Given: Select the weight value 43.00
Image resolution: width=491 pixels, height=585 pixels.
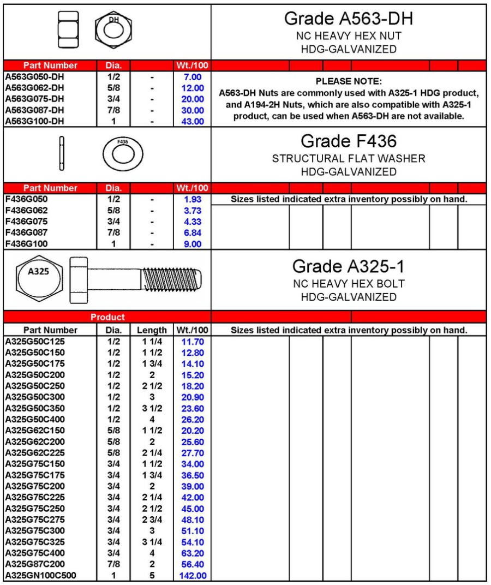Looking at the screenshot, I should pyautogui.click(x=192, y=121).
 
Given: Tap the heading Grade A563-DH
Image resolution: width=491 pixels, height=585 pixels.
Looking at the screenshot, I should pyautogui.click(x=349, y=19).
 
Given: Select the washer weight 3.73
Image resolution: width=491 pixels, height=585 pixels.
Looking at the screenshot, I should pyautogui.click(x=192, y=211).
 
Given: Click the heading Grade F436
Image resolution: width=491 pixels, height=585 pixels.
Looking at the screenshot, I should pyautogui.click(x=349, y=142).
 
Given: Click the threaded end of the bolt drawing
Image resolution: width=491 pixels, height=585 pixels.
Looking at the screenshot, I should pyautogui.click(x=171, y=279).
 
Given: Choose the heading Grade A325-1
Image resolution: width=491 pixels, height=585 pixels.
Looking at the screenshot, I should pyautogui.click(x=349, y=267).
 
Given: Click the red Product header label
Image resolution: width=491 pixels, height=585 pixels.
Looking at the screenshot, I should pyautogui.click(x=107, y=317).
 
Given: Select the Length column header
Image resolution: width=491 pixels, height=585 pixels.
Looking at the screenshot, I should pyautogui.click(x=152, y=330).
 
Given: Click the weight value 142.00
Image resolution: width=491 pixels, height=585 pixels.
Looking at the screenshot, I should pyautogui.click(x=192, y=575).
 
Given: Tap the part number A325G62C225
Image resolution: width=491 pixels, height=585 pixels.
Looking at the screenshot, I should pyautogui.click(x=34, y=452).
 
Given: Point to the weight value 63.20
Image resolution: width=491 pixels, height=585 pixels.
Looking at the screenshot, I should pyautogui.click(x=192, y=553).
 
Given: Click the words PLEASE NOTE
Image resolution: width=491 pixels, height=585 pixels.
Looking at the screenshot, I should pyautogui.click(x=349, y=81).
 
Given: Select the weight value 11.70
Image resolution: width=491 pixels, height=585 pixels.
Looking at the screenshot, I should pyautogui.click(x=192, y=341).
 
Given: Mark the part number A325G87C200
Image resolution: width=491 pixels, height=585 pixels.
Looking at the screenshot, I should pyautogui.click(x=34, y=564).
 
